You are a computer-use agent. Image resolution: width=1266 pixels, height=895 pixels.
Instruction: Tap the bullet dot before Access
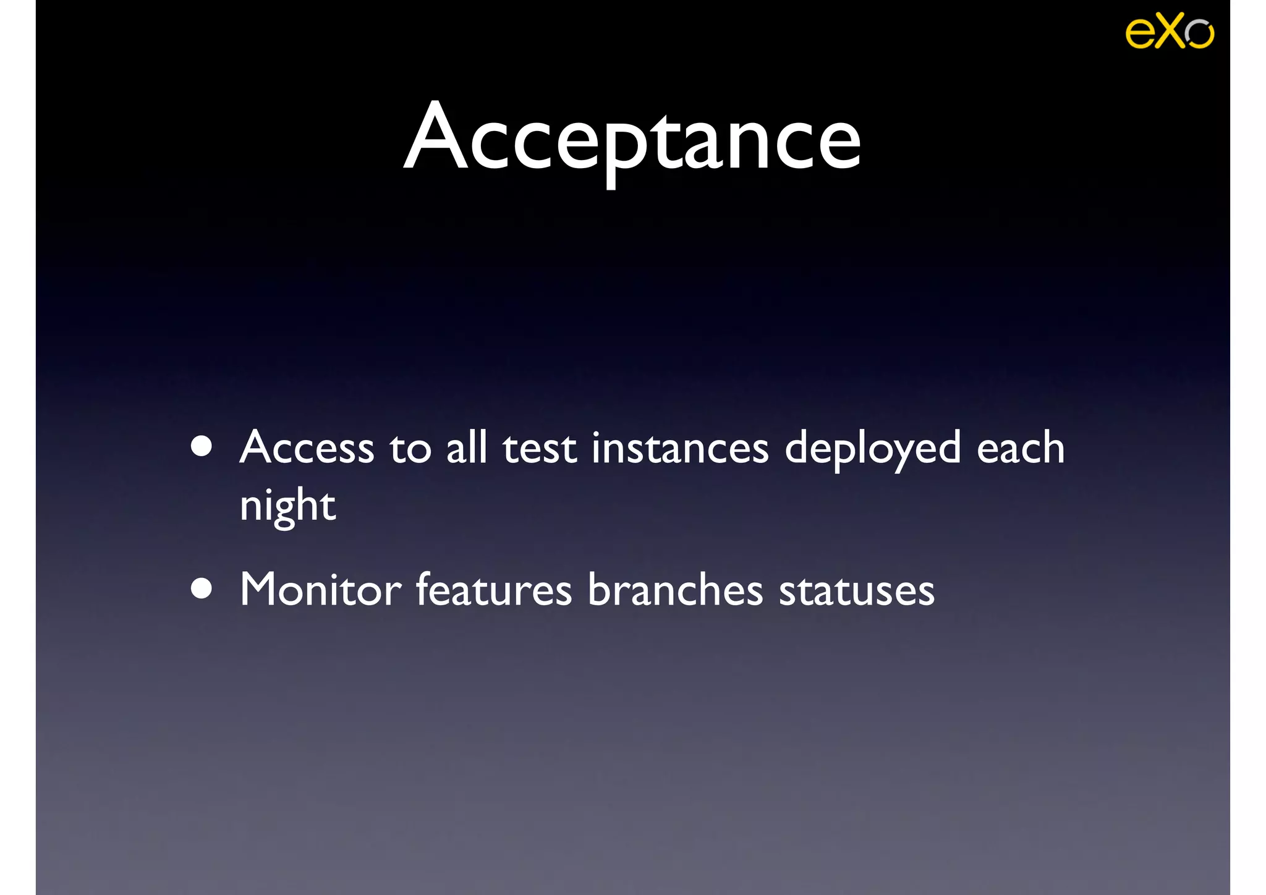202,446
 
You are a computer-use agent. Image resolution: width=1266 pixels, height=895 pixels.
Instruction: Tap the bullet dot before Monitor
202,588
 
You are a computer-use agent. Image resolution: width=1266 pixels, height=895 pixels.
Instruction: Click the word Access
307,448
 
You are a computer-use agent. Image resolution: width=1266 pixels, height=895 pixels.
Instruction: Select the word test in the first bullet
539,448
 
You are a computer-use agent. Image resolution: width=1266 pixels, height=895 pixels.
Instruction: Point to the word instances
680,448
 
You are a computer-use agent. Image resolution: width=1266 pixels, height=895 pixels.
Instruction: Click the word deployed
872,449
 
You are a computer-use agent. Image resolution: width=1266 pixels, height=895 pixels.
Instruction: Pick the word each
1021,448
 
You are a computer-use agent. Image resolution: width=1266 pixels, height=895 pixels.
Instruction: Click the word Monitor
320,590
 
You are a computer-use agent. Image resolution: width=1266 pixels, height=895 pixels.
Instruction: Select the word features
493,590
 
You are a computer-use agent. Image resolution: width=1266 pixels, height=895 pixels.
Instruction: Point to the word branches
675,590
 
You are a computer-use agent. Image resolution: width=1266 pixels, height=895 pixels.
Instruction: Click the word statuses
856,591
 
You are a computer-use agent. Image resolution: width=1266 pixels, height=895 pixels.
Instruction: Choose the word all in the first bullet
467,448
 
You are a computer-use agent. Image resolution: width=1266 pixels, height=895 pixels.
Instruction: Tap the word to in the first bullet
410,449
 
